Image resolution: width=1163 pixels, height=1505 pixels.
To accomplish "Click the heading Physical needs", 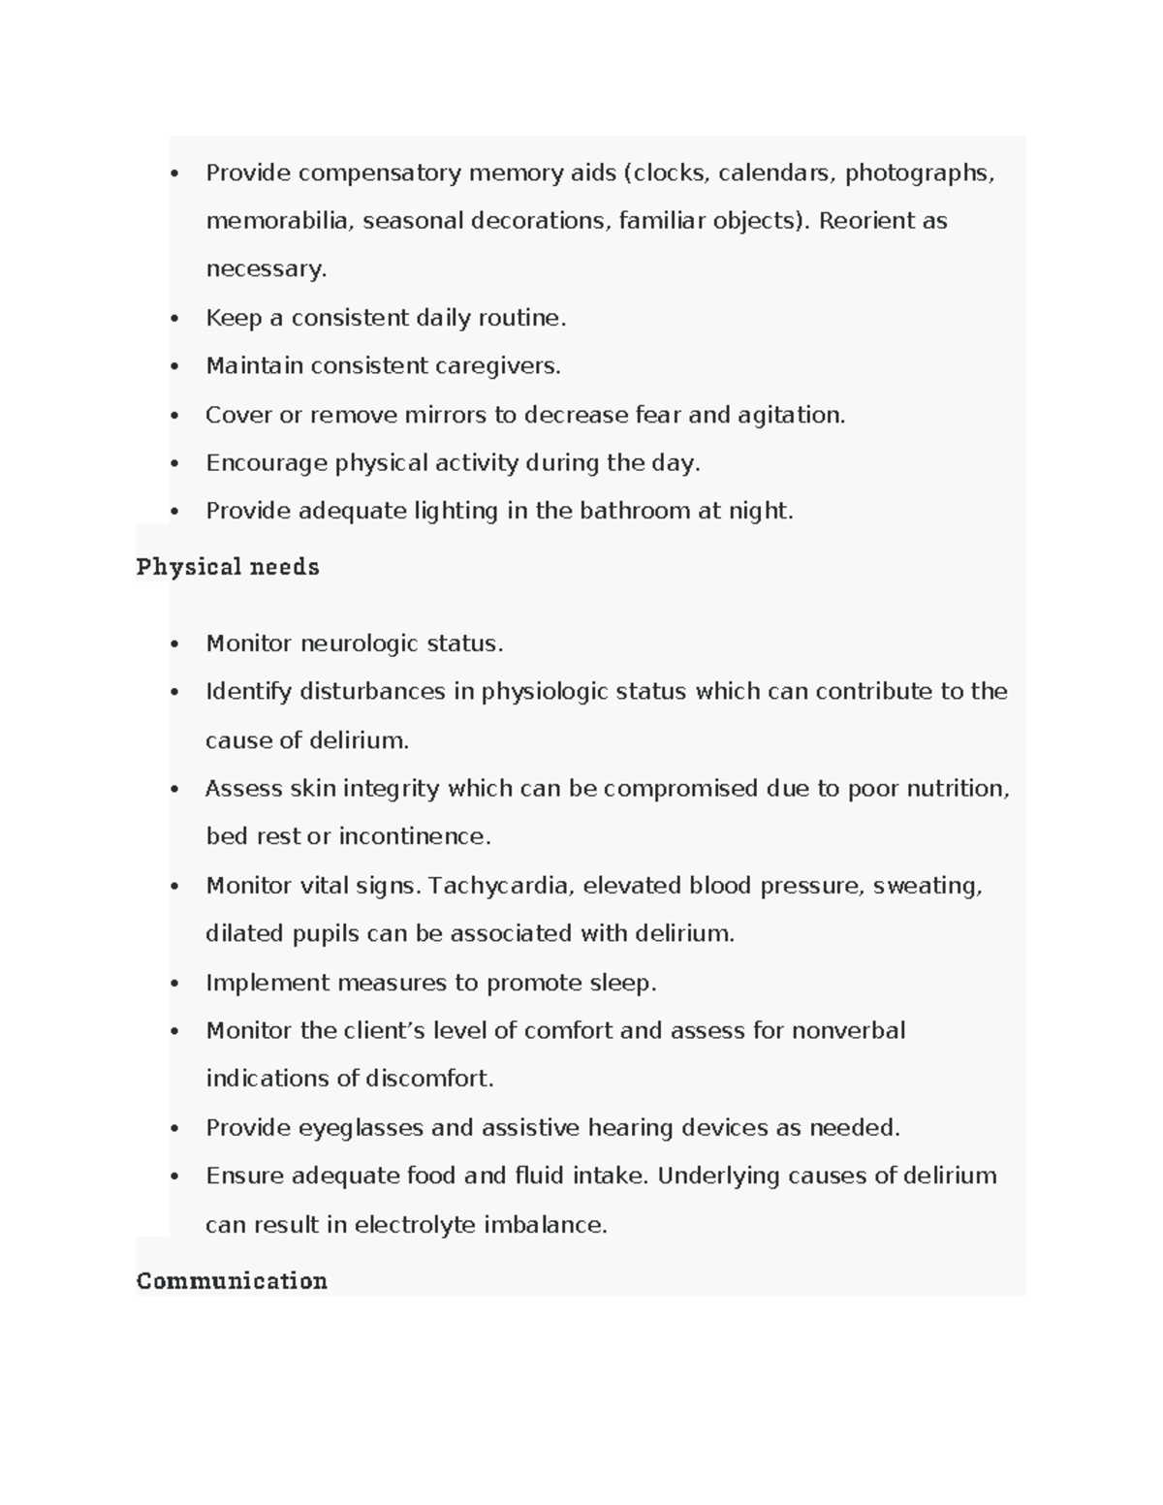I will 228,567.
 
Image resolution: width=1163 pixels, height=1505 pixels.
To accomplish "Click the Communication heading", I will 232,1281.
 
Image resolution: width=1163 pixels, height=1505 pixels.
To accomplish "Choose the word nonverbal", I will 848,1030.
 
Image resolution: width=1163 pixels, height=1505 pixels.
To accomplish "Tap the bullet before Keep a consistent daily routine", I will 174,319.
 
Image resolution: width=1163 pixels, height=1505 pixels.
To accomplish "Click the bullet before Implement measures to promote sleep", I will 174,984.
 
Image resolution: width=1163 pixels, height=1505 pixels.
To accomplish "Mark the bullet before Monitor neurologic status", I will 174,644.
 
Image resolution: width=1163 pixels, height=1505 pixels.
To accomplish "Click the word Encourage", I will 266,463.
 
